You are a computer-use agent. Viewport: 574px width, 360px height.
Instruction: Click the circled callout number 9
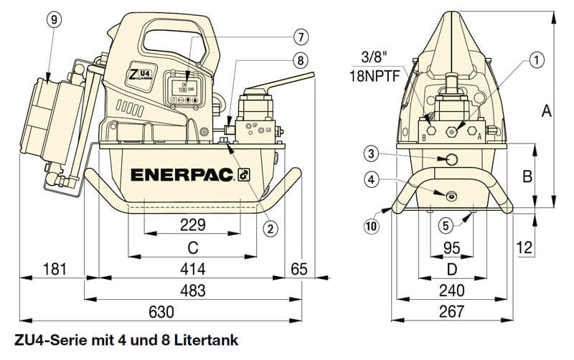pos(52,20)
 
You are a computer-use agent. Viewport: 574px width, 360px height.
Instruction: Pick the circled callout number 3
pos(370,153)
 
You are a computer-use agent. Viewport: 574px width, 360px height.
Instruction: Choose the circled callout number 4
pos(370,179)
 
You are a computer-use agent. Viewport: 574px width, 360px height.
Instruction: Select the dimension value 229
pos(192,224)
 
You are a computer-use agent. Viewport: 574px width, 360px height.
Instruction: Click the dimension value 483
pos(192,290)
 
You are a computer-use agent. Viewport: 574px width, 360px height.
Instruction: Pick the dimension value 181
pos(54,269)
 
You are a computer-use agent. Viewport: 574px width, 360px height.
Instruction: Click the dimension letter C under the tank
pos(192,247)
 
